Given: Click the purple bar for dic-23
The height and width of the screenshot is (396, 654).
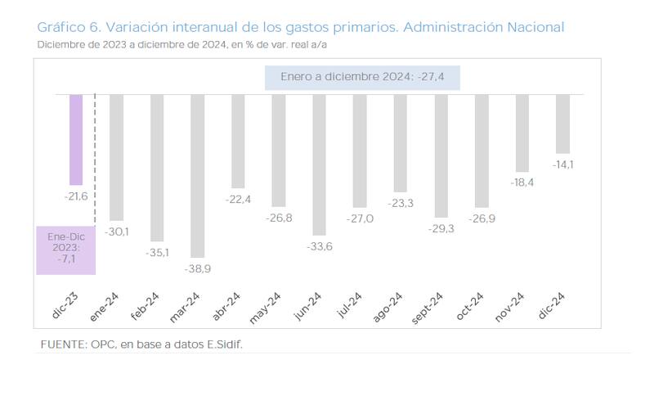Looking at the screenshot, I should click(x=76, y=139).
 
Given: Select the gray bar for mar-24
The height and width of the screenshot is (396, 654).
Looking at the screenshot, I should click(x=197, y=175).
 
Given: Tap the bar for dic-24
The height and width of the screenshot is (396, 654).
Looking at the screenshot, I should click(x=562, y=124).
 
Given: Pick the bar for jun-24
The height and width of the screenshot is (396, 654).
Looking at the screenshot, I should click(x=319, y=164).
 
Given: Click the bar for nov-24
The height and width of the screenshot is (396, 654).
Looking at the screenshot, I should click(x=522, y=132).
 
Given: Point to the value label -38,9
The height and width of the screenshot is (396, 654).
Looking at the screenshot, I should click(x=197, y=268).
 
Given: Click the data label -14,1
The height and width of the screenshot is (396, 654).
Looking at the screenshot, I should click(x=562, y=164).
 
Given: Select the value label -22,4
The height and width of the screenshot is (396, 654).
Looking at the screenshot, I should click(x=238, y=200).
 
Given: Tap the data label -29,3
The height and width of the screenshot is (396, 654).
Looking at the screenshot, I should click(x=441, y=228).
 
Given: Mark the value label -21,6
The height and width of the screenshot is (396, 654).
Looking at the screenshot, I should click(x=76, y=197).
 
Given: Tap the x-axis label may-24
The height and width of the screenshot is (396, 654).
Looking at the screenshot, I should click(x=268, y=306).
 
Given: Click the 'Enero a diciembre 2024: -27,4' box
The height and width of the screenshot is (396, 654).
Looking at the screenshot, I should click(x=362, y=77).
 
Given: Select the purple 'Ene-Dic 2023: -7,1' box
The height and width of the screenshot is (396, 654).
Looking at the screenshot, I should click(x=66, y=250).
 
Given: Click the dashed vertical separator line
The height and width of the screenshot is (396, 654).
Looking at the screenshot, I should click(x=96, y=155).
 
